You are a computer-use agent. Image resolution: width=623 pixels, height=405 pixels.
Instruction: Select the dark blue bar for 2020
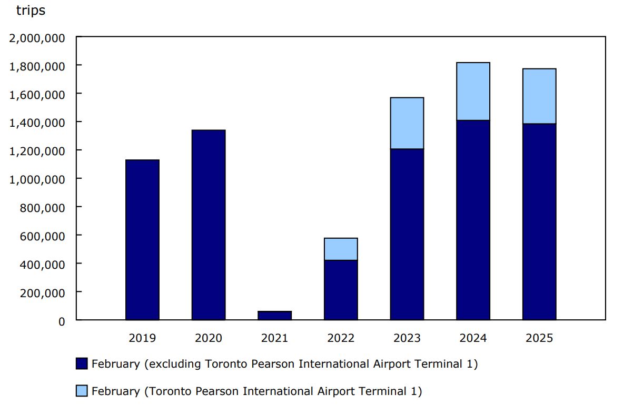pyautogui.click(x=209, y=225)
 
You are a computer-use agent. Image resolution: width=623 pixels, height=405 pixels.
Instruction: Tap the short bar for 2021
pyautogui.click(x=274, y=316)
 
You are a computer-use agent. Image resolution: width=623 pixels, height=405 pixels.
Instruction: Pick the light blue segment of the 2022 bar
pyautogui.click(x=341, y=249)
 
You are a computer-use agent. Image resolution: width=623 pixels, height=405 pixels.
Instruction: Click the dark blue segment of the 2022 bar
pyautogui.click(x=341, y=290)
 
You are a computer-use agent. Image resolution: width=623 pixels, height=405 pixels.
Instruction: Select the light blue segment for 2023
pyautogui.click(x=407, y=123)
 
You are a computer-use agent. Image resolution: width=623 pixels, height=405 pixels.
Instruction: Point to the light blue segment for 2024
pyautogui.click(x=473, y=91)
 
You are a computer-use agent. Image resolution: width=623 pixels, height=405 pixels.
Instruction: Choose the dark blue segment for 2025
pyautogui.click(x=539, y=221)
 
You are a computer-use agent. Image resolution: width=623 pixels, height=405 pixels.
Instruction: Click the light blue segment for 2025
pyautogui.click(x=539, y=96)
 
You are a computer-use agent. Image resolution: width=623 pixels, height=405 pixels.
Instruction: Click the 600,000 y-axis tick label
pyautogui.click(x=42, y=235)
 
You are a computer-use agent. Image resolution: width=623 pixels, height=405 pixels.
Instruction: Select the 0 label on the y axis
pyautogui.click(x=62, y=320)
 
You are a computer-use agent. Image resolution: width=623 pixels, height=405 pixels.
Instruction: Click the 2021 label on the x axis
pyautogui.click(x=274, y=338)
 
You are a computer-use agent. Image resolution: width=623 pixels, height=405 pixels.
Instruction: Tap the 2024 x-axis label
pyautogui.click(x=473, y=338)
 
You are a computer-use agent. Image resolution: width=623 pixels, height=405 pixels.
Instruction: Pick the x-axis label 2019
pyautogui.click(x=142, y=338)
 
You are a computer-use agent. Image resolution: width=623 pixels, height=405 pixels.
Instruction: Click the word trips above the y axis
pyautogui.click(x=31, y=10)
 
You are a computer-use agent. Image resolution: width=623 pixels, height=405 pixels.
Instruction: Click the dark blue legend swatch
pyautogui.click(x=82, y=363)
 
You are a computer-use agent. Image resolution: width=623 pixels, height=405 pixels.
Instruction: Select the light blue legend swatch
pyautogui.click(x=82, y=391)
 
